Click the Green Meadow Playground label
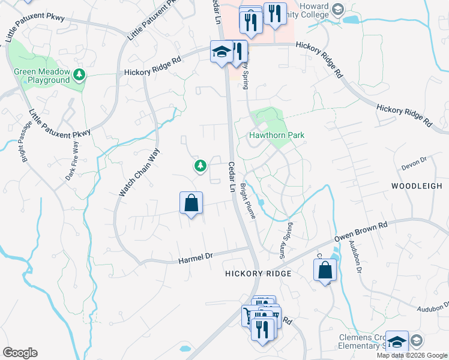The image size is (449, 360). [42, 76]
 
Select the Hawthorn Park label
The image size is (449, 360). [277, 135]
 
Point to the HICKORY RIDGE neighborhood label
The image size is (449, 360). [258, 274]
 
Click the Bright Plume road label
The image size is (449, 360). [249, 201]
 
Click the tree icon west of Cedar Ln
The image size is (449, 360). [199, 165]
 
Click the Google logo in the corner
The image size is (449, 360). [20, 353]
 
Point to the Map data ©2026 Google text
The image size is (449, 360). [412, 355]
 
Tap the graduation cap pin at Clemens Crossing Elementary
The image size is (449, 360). [396, 341]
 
